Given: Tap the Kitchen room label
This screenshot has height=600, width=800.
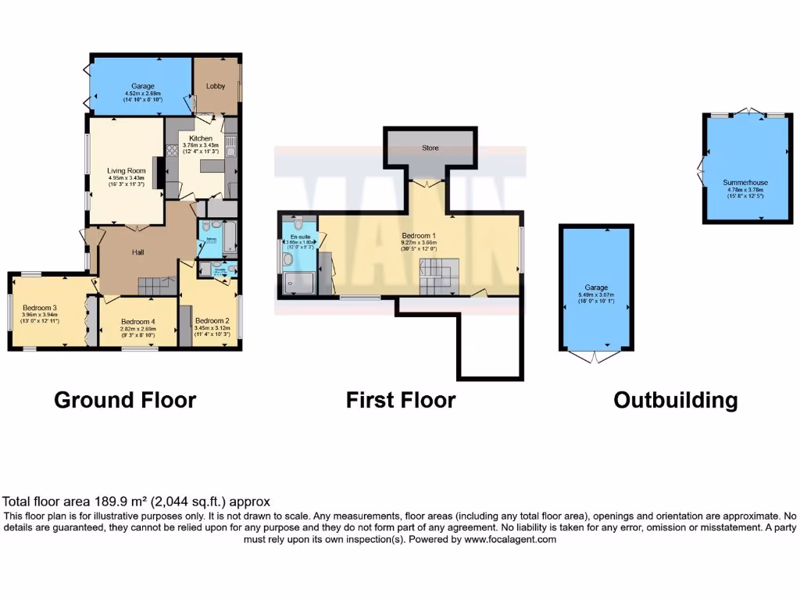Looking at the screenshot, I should pos(195,138).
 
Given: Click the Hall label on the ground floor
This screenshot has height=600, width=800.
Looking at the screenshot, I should pos(137,252).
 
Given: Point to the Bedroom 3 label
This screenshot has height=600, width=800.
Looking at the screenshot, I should pos(38,307).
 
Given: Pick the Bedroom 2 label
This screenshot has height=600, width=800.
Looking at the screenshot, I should pos(212,321).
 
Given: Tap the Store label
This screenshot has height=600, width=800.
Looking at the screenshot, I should pos(430,148).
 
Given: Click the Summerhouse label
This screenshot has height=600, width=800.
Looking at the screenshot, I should pos(745,183).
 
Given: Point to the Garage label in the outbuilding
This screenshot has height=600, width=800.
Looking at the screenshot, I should pos(596,287).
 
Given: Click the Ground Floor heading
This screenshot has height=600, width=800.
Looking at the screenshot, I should pos(125,401).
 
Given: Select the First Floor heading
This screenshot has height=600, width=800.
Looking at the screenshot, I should pos(401,401).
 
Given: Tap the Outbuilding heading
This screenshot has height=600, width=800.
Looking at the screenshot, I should pos(675,401).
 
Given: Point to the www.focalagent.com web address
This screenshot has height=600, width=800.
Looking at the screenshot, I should pos(509,539).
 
